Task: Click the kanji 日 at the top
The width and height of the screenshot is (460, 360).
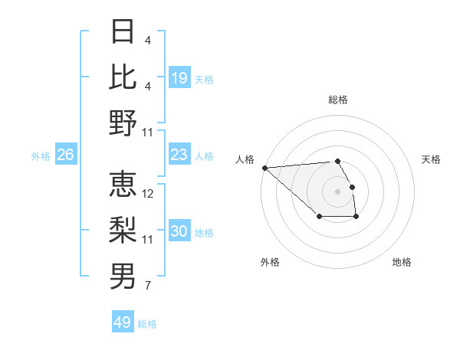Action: [123, 32]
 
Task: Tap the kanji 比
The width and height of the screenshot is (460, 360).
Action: [123, 77]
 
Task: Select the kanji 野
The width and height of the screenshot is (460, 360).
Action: [123, 123]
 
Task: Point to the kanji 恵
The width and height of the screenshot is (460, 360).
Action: [123, 185]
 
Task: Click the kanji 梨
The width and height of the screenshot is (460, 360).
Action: [123, 230]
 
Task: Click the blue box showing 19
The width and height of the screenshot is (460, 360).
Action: [179, 78]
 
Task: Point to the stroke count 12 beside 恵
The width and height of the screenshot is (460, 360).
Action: [149, 194]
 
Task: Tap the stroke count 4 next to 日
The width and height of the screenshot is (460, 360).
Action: [147, 40]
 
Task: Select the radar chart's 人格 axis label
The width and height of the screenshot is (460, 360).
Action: [245, 159]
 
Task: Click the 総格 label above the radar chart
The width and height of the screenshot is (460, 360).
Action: [337, 100]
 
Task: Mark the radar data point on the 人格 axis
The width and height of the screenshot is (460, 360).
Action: [264, 168]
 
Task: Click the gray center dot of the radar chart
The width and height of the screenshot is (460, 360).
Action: [337, 191]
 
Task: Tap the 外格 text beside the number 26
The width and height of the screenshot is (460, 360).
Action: [41, 156]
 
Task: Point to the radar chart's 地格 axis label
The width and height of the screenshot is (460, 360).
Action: [402, 262]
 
